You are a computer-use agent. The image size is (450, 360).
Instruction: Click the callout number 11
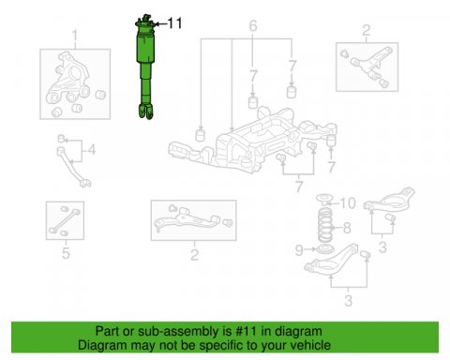[174, 23]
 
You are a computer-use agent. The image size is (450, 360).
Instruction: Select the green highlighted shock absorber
[145, 67]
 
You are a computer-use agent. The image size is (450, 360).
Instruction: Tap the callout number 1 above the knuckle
[75, 37]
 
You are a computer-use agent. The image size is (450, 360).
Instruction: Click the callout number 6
[253, 26]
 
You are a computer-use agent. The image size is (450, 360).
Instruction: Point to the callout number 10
[347, 203]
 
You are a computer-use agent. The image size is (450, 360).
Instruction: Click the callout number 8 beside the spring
[347, 228]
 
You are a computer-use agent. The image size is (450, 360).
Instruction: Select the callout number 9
[299, 250]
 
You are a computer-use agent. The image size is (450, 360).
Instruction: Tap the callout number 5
[66, 253]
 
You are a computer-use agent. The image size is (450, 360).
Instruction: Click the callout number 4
[92, 150]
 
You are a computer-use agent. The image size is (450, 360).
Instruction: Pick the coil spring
[325, 225]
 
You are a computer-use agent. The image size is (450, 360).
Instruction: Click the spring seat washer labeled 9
[324, 250]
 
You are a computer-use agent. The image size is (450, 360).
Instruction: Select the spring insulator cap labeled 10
[323, 199]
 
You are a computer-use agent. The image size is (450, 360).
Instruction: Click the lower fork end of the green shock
[146, 112]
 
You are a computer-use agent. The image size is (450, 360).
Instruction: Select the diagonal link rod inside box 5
[64, 221]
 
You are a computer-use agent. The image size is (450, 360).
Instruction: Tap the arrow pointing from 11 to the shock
[160, 23]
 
